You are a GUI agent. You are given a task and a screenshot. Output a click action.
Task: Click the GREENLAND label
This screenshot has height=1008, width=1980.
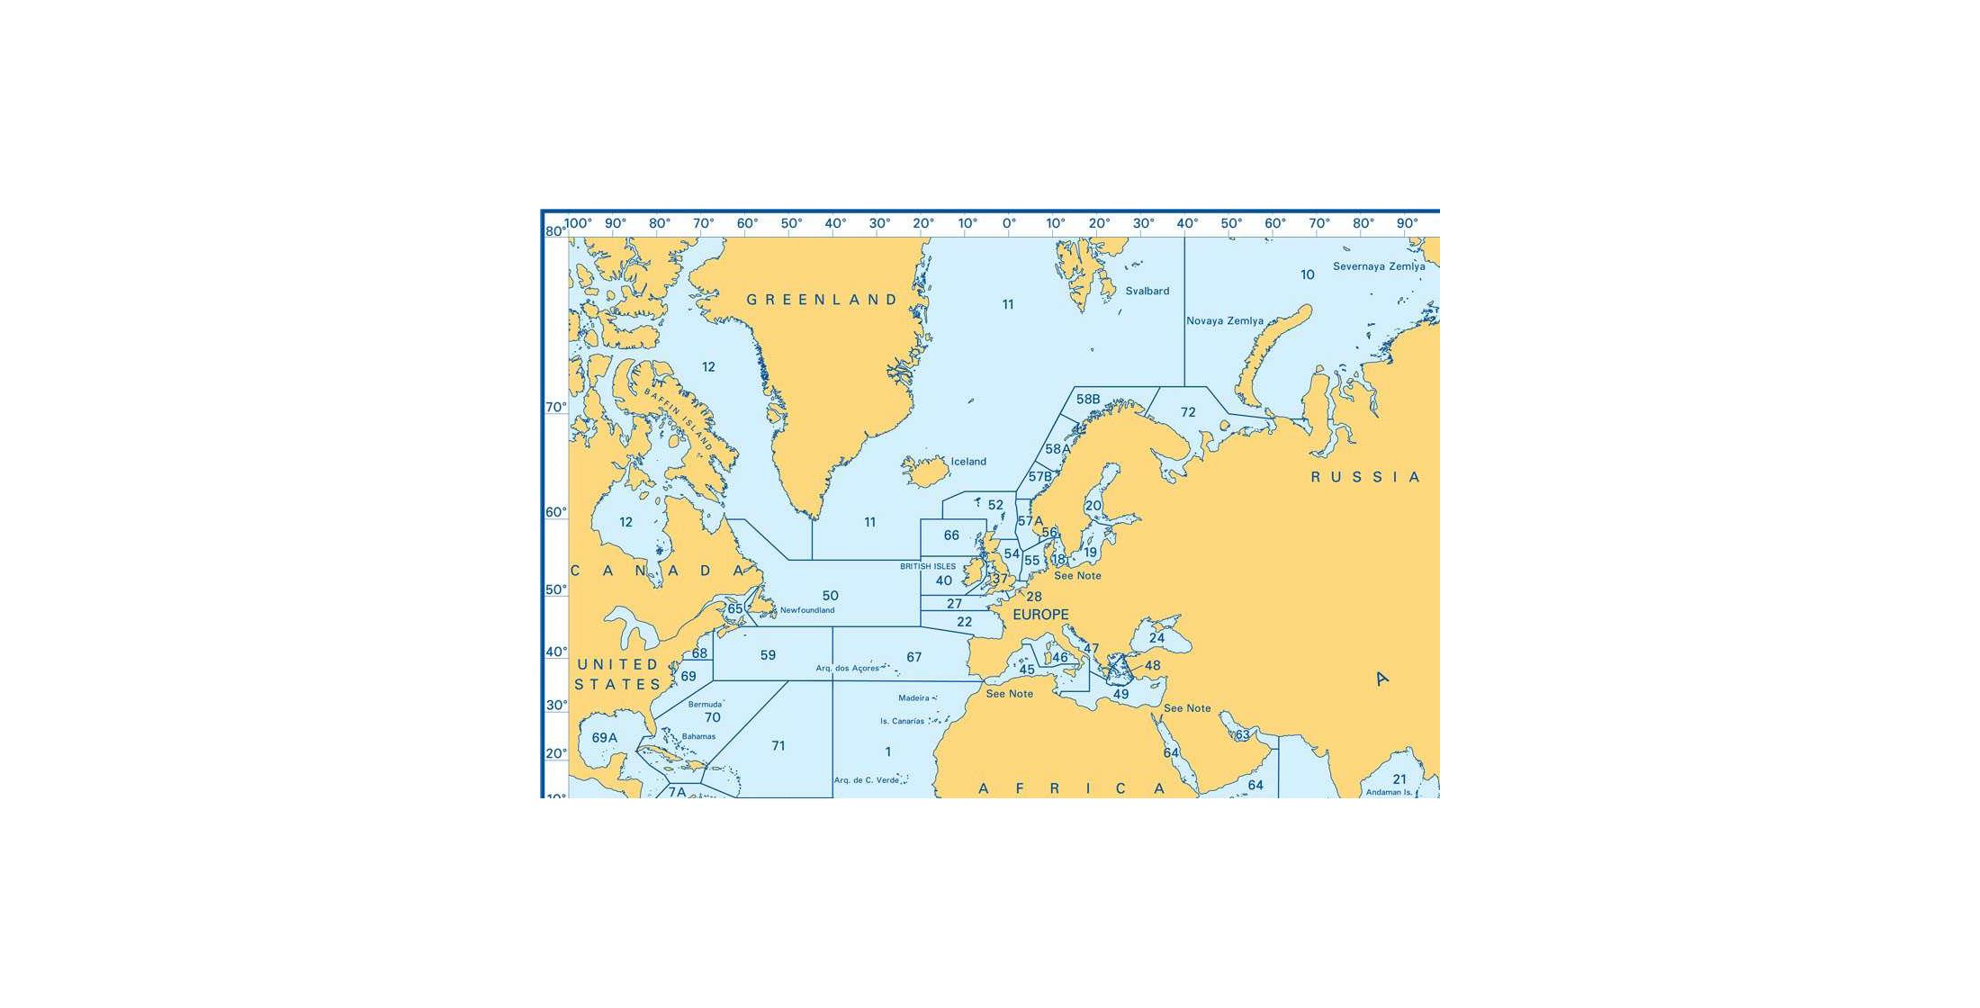pos(822,300)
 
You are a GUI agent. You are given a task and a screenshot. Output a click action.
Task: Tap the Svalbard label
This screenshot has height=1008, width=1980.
pos(1147,291)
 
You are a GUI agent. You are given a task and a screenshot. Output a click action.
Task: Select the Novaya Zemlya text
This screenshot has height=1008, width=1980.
pos(1224,320)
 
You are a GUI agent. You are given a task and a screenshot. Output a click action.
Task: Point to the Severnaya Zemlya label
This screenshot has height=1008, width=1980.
pos(1379,266)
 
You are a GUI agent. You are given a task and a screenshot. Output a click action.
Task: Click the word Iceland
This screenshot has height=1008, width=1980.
pos(968,462)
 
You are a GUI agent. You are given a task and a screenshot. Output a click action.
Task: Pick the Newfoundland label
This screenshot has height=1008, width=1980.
pos(807,610)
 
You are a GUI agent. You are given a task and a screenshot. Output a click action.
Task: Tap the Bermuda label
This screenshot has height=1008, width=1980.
pos(705,704)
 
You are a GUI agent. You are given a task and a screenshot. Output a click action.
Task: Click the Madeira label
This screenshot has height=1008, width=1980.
pos(913,698)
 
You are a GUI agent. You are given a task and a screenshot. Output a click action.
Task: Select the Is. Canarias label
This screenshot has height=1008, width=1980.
pos(902,721)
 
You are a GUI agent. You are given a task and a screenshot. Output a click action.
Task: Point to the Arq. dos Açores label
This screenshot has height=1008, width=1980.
pos(847,669)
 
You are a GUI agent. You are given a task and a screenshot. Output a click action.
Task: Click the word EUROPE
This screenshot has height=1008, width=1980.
pos(1040,615)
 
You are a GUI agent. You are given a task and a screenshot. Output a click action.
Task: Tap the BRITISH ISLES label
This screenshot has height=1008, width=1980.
pos(928,566)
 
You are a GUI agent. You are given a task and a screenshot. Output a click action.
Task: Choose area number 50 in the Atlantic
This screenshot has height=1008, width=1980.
pos(830,596)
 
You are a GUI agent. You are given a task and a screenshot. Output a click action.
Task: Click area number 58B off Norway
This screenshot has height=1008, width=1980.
pos(1088,400)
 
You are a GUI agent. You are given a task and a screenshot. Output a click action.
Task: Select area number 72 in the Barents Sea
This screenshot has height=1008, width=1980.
pos(1188,412)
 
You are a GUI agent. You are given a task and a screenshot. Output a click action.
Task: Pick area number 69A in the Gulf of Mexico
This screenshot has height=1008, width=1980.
pos(605,738)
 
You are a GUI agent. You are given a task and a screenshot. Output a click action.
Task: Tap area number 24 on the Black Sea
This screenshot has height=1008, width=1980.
pos(1156,638)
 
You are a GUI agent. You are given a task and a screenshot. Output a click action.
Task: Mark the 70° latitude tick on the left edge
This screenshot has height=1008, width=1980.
pos(556,408)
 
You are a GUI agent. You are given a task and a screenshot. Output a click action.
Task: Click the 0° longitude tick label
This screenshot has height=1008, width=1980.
pos(1009,223)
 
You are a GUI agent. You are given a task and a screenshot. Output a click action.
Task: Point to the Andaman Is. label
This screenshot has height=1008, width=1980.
pos(1389,792)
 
